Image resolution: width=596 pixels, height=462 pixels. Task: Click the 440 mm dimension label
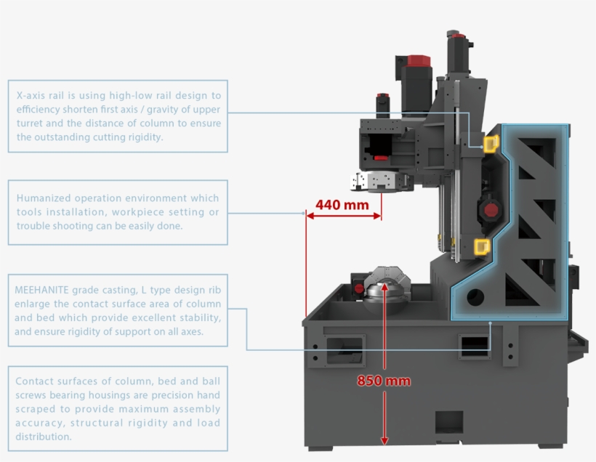[x=342, y=205]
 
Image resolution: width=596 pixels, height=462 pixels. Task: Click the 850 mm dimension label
[x=384, y=381]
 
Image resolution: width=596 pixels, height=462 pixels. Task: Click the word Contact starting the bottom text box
[x=33, y=381]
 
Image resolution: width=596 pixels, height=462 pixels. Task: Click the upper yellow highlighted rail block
[x=491, y=144]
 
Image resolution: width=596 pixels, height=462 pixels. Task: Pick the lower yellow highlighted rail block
[x=481, y=247]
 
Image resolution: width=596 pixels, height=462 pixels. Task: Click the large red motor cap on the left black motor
[x=419, y=60]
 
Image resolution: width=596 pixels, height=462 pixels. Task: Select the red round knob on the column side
[x=491, y=211]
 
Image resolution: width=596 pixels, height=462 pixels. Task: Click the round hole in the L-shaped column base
[x=476, y=296]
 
